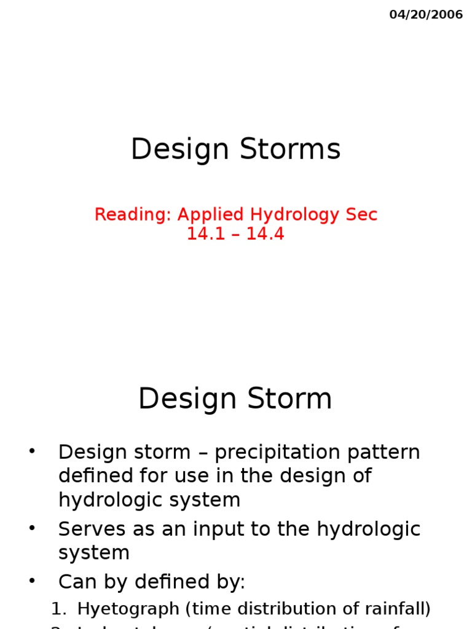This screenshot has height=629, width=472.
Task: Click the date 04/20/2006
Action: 426,15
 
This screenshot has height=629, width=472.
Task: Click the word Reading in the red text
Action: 133,215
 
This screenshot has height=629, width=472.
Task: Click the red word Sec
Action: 361,215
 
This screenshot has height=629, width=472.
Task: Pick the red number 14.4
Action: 267,234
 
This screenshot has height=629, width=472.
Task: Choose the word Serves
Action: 92,529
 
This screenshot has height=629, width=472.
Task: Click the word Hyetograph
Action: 123,609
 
